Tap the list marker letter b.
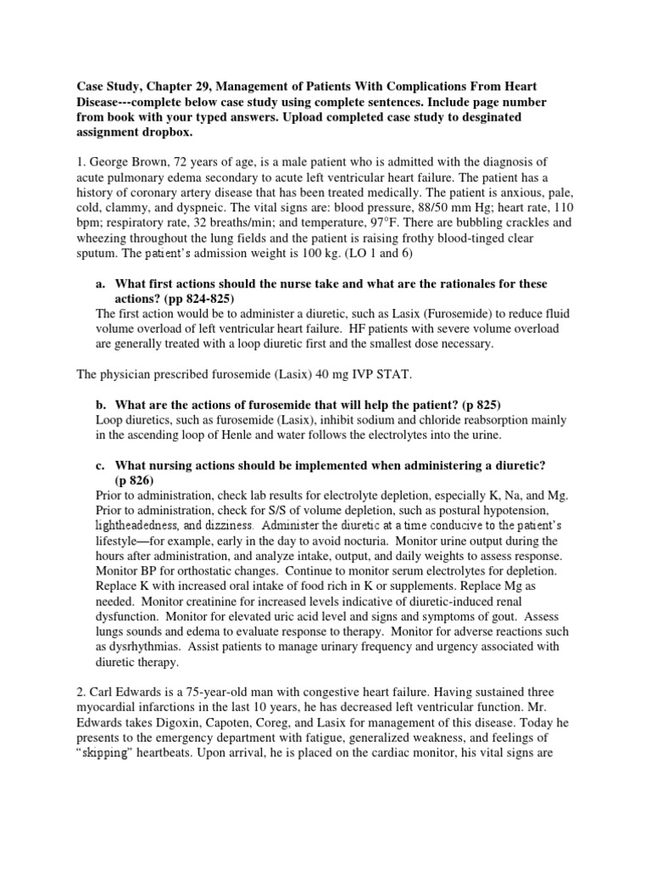[100, 403]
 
